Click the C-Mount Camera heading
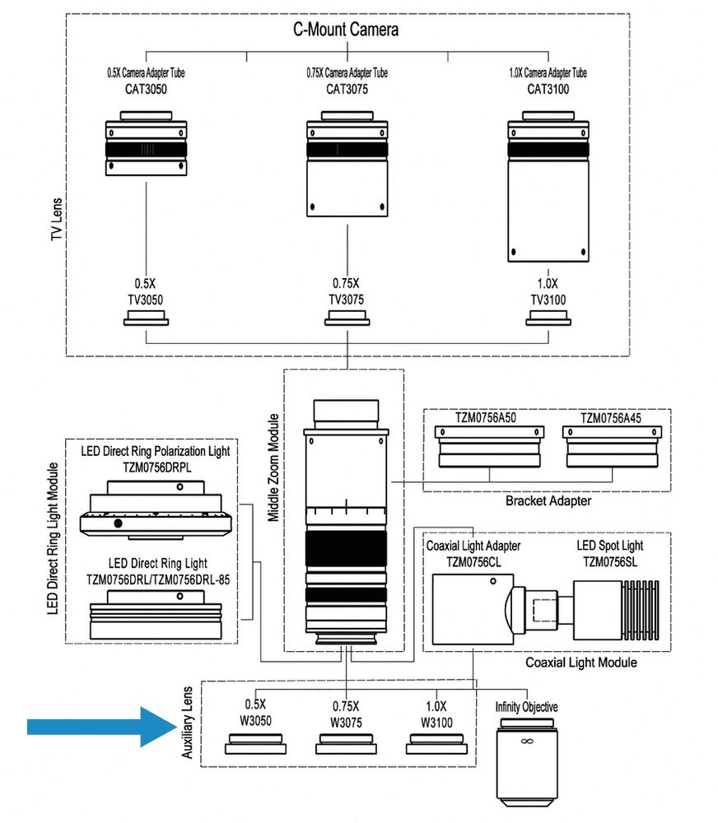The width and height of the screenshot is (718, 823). pos(347,30)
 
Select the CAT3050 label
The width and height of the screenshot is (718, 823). pos(146,89)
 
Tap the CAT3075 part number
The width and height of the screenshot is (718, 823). pos(347,89)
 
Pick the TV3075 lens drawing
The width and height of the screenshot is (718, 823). pos(347,319)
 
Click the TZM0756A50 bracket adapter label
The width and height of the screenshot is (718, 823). pos(488,417)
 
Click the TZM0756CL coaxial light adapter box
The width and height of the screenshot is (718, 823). pos(469,610)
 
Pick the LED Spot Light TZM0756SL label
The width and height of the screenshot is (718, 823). pos(610,552)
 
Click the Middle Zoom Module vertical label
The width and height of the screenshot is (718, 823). pos(274,467)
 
